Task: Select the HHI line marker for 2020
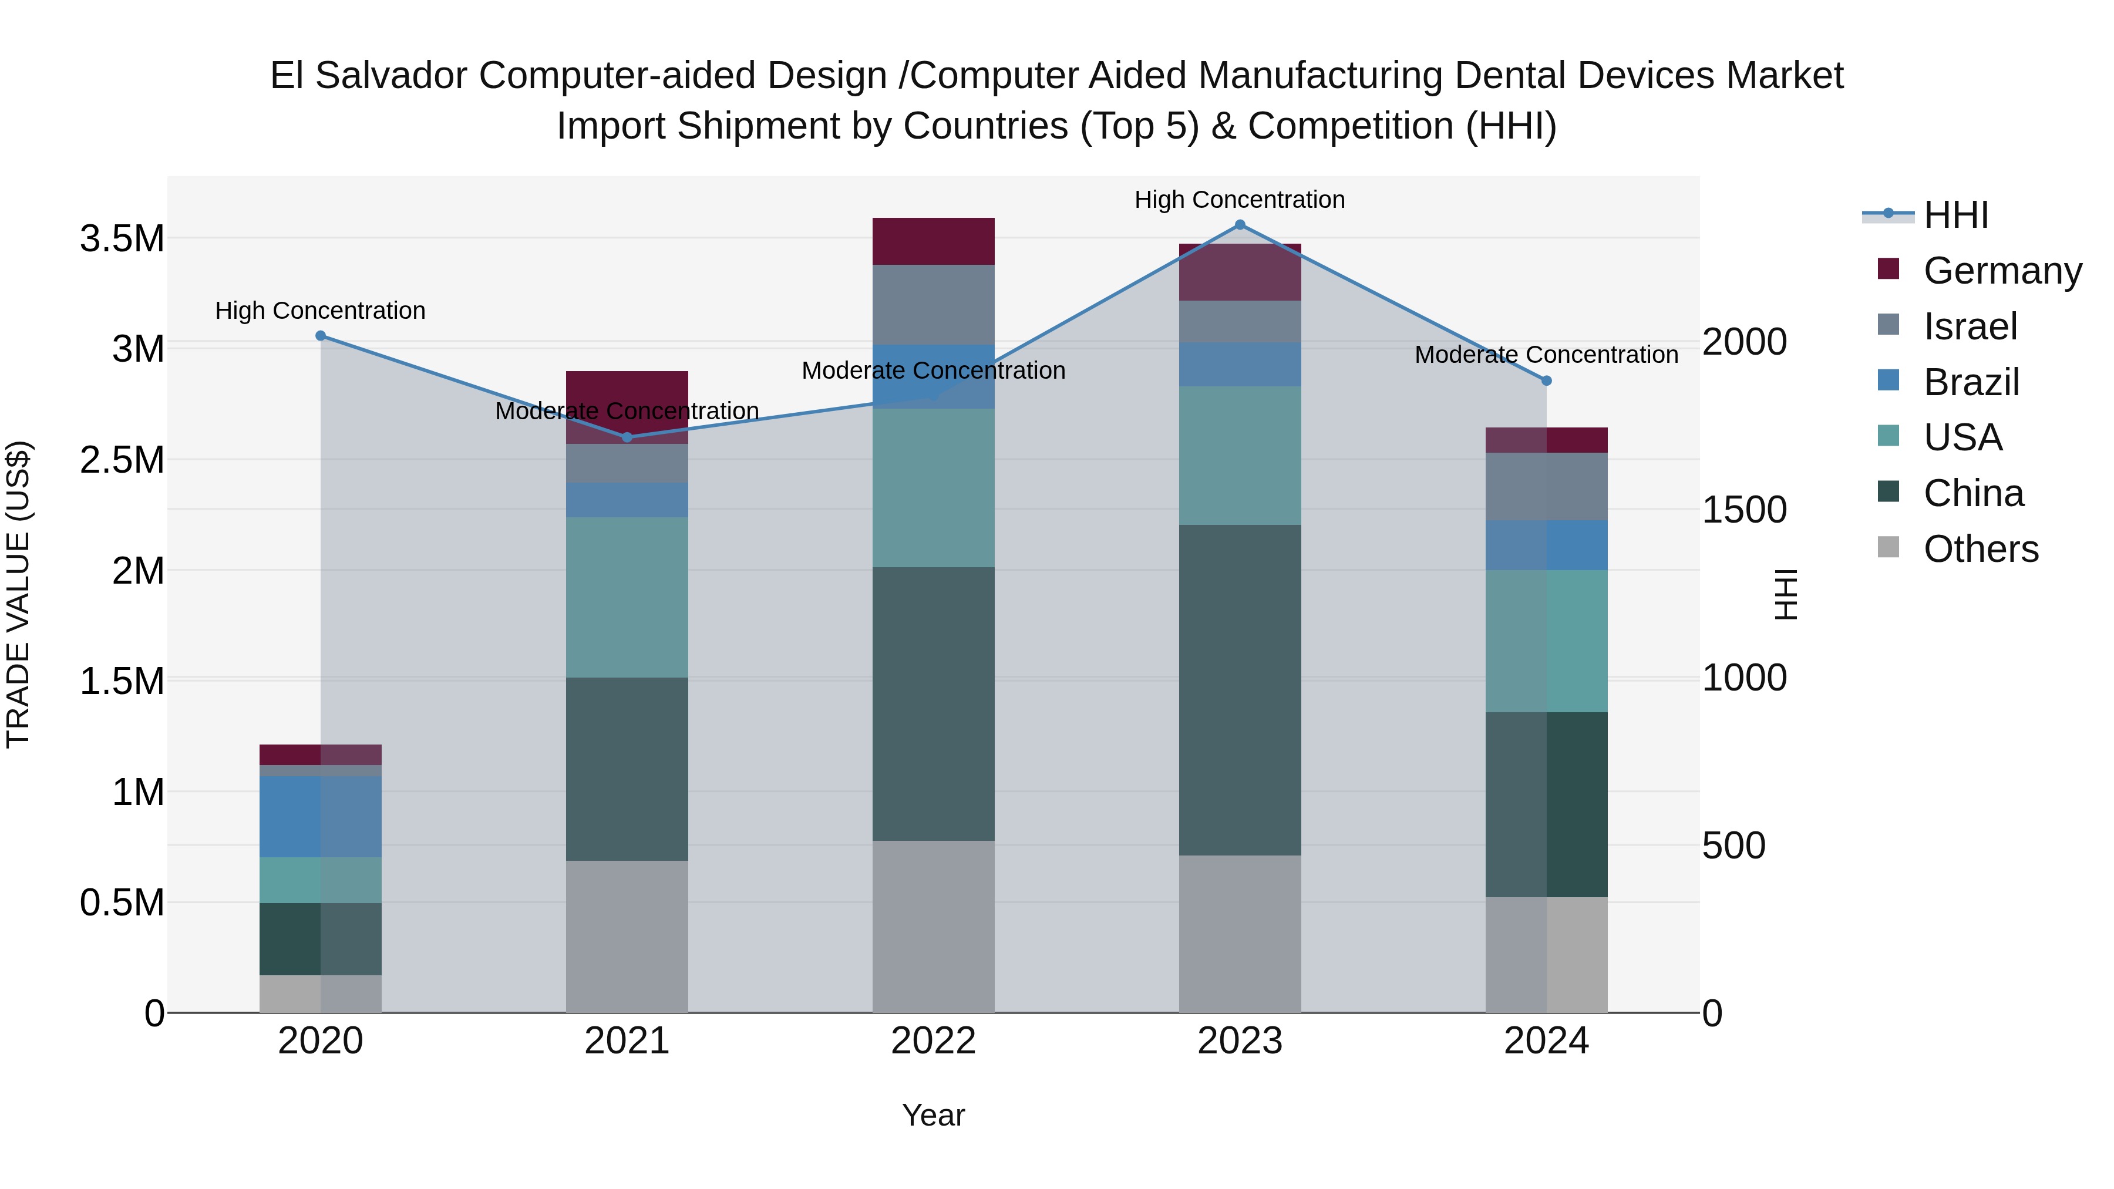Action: point(321,336)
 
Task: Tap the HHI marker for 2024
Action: point(1546,380)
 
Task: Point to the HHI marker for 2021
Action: point(627,437)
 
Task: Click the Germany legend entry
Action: point(2002,270)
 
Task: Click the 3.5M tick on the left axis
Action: point(122,239)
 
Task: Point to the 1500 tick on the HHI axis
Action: point(1744,510)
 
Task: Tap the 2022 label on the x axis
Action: point(933,1040)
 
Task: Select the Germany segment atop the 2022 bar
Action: point(933,241)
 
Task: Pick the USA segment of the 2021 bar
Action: point(627,597)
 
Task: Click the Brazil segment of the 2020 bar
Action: point(321,817)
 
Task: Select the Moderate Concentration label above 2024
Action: point(1546,355)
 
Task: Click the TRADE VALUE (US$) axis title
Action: point(18,594)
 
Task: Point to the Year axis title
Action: point(933,1115)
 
